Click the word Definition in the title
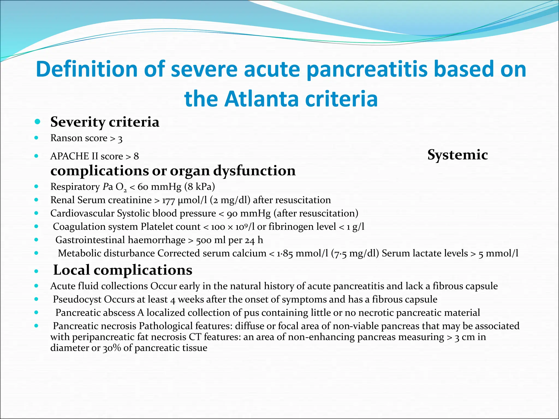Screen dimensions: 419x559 [x=87, y=69]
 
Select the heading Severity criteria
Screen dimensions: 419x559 [x=105, y=122]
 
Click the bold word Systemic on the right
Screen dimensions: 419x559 [x=457, y=155]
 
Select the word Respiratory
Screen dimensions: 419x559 [x=75, y=187]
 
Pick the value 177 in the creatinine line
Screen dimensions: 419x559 [x=168, y=200]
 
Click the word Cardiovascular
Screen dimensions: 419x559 [x=82, y=213]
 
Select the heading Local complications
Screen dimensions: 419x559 [x=123, y=270]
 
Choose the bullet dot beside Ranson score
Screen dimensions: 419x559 [x=36, y=138]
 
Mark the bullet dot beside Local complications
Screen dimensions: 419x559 [x=36, y=271]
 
